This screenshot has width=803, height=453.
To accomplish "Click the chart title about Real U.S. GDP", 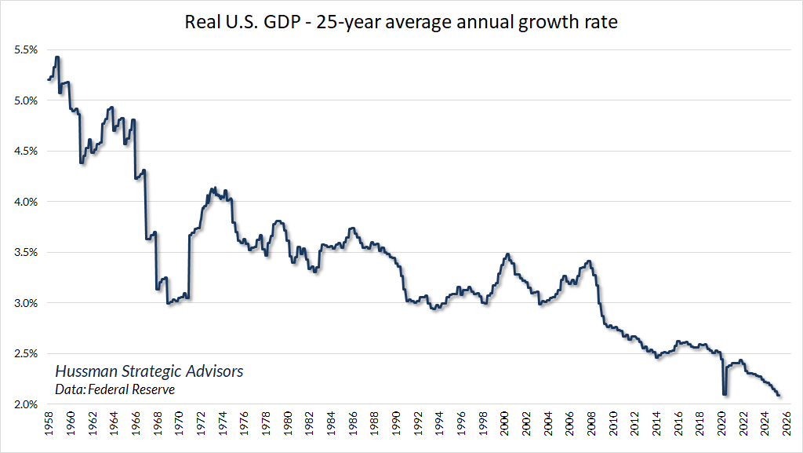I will coord(401,21).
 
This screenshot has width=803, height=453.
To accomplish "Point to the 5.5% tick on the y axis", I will coord(25,49).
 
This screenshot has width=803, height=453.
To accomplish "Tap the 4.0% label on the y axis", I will coord(25,202).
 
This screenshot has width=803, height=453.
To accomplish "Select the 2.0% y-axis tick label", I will coord(25,404).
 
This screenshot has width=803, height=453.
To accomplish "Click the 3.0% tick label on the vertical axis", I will coord(25,303).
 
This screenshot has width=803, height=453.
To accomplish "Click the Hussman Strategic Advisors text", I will coord(149,371).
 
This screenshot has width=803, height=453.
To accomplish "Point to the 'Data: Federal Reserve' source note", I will coord(115,389).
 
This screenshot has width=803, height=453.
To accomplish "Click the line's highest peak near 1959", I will coord(57,57).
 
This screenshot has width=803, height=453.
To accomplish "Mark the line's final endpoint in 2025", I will coord(779,395).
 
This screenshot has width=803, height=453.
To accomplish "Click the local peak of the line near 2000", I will coord(507,254).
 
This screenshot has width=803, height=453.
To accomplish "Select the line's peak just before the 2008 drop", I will coord(588,261).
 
